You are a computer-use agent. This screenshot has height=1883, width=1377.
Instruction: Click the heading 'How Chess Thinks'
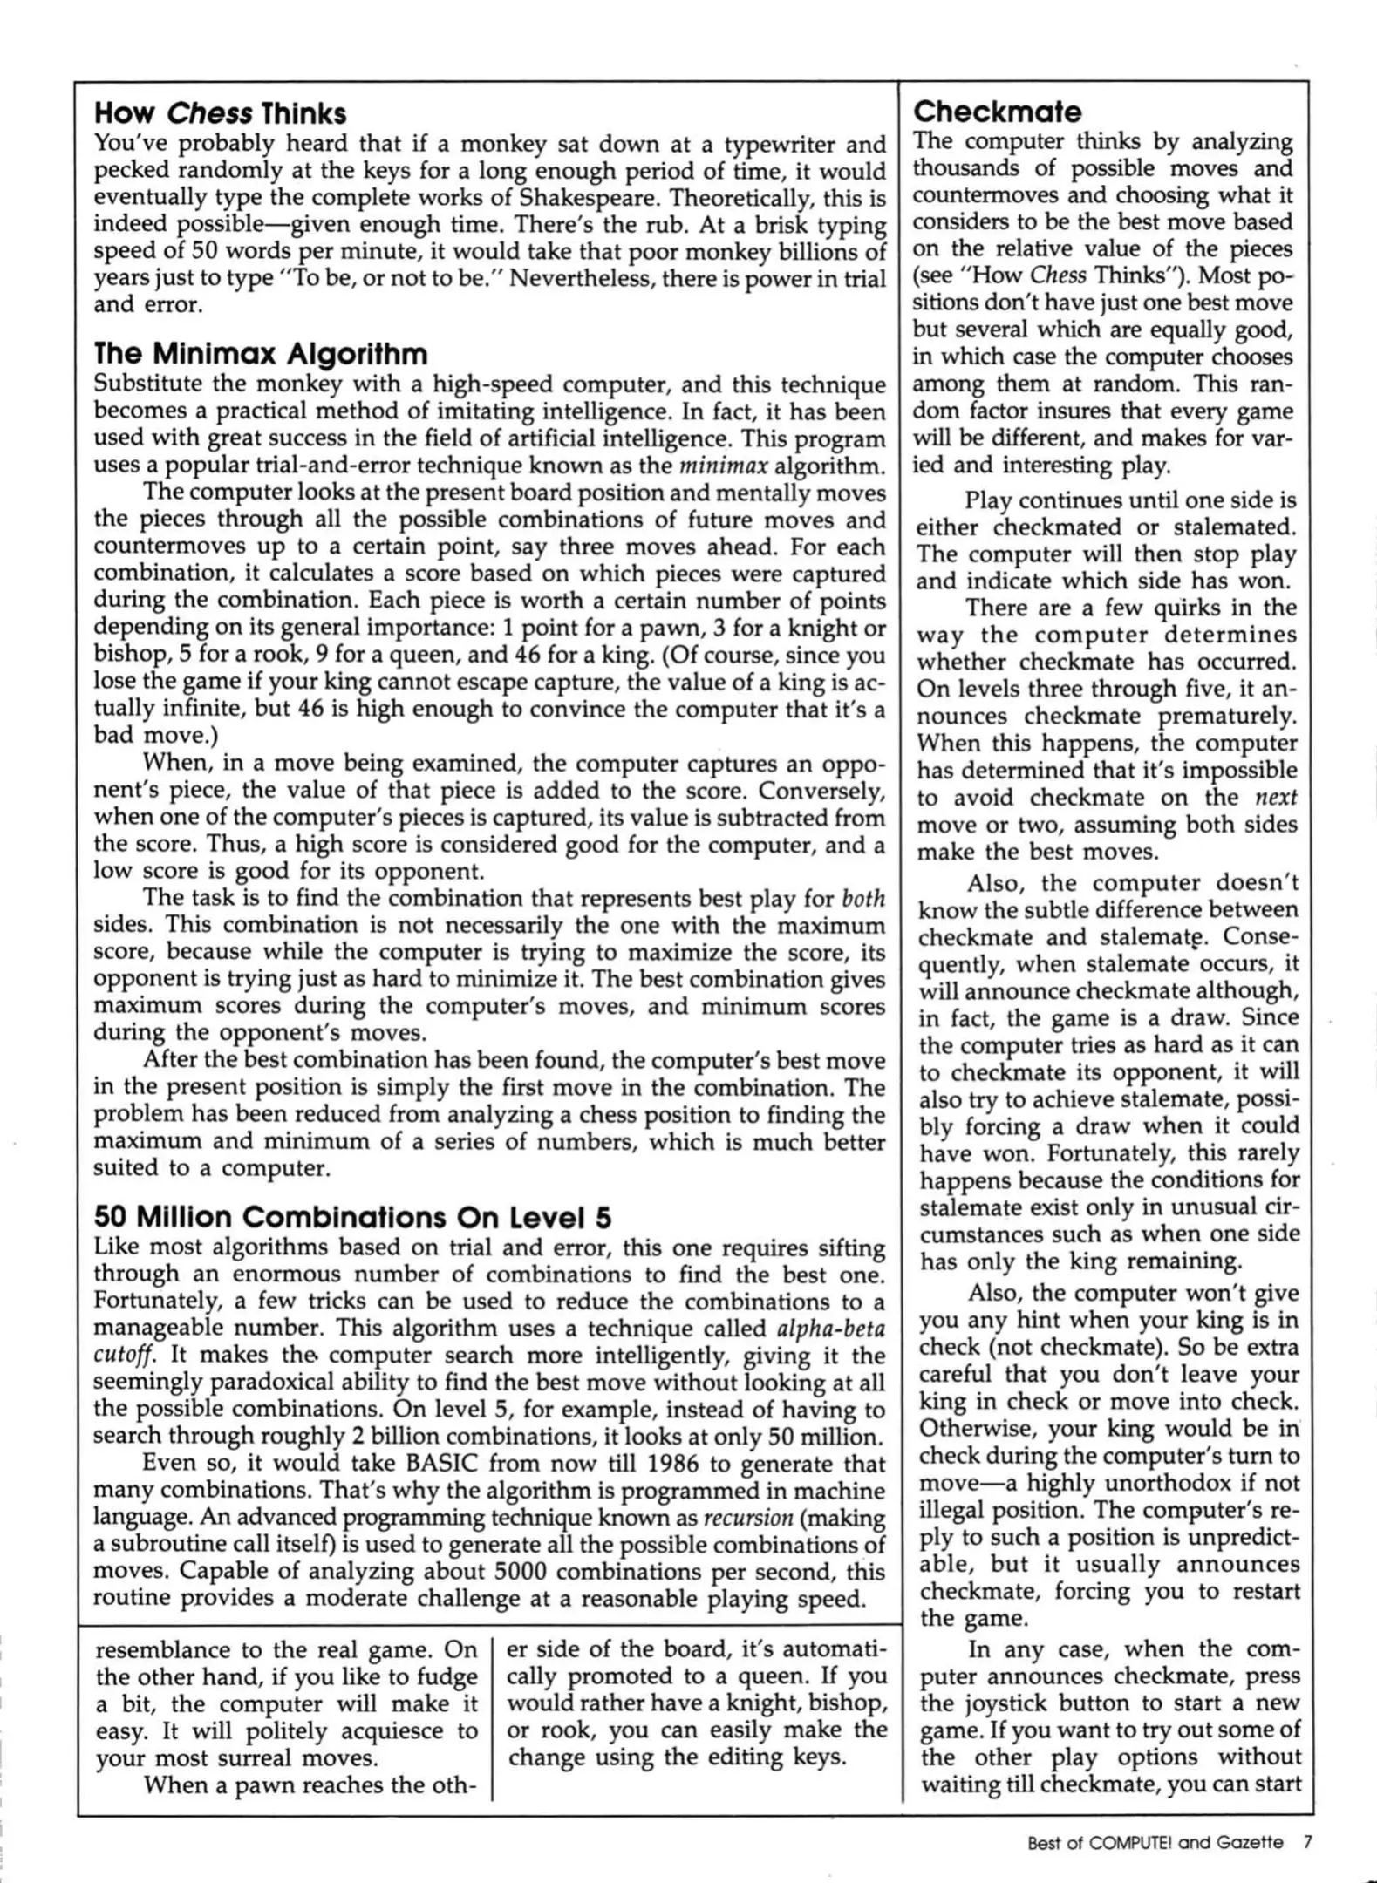click(220, 113)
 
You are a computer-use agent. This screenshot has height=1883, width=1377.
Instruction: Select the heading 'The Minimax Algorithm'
click(261, 354)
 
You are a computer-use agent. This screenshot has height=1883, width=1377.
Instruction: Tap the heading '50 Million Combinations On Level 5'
click(352, 1217)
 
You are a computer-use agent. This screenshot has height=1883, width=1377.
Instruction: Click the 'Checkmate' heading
click(997, 112)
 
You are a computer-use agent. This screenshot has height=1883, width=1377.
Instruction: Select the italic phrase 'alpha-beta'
click(829, 1329)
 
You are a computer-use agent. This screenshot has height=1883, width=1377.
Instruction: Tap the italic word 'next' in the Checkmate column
click(1276, 798)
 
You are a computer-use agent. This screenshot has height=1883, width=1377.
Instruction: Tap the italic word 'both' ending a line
click(864, 898)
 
